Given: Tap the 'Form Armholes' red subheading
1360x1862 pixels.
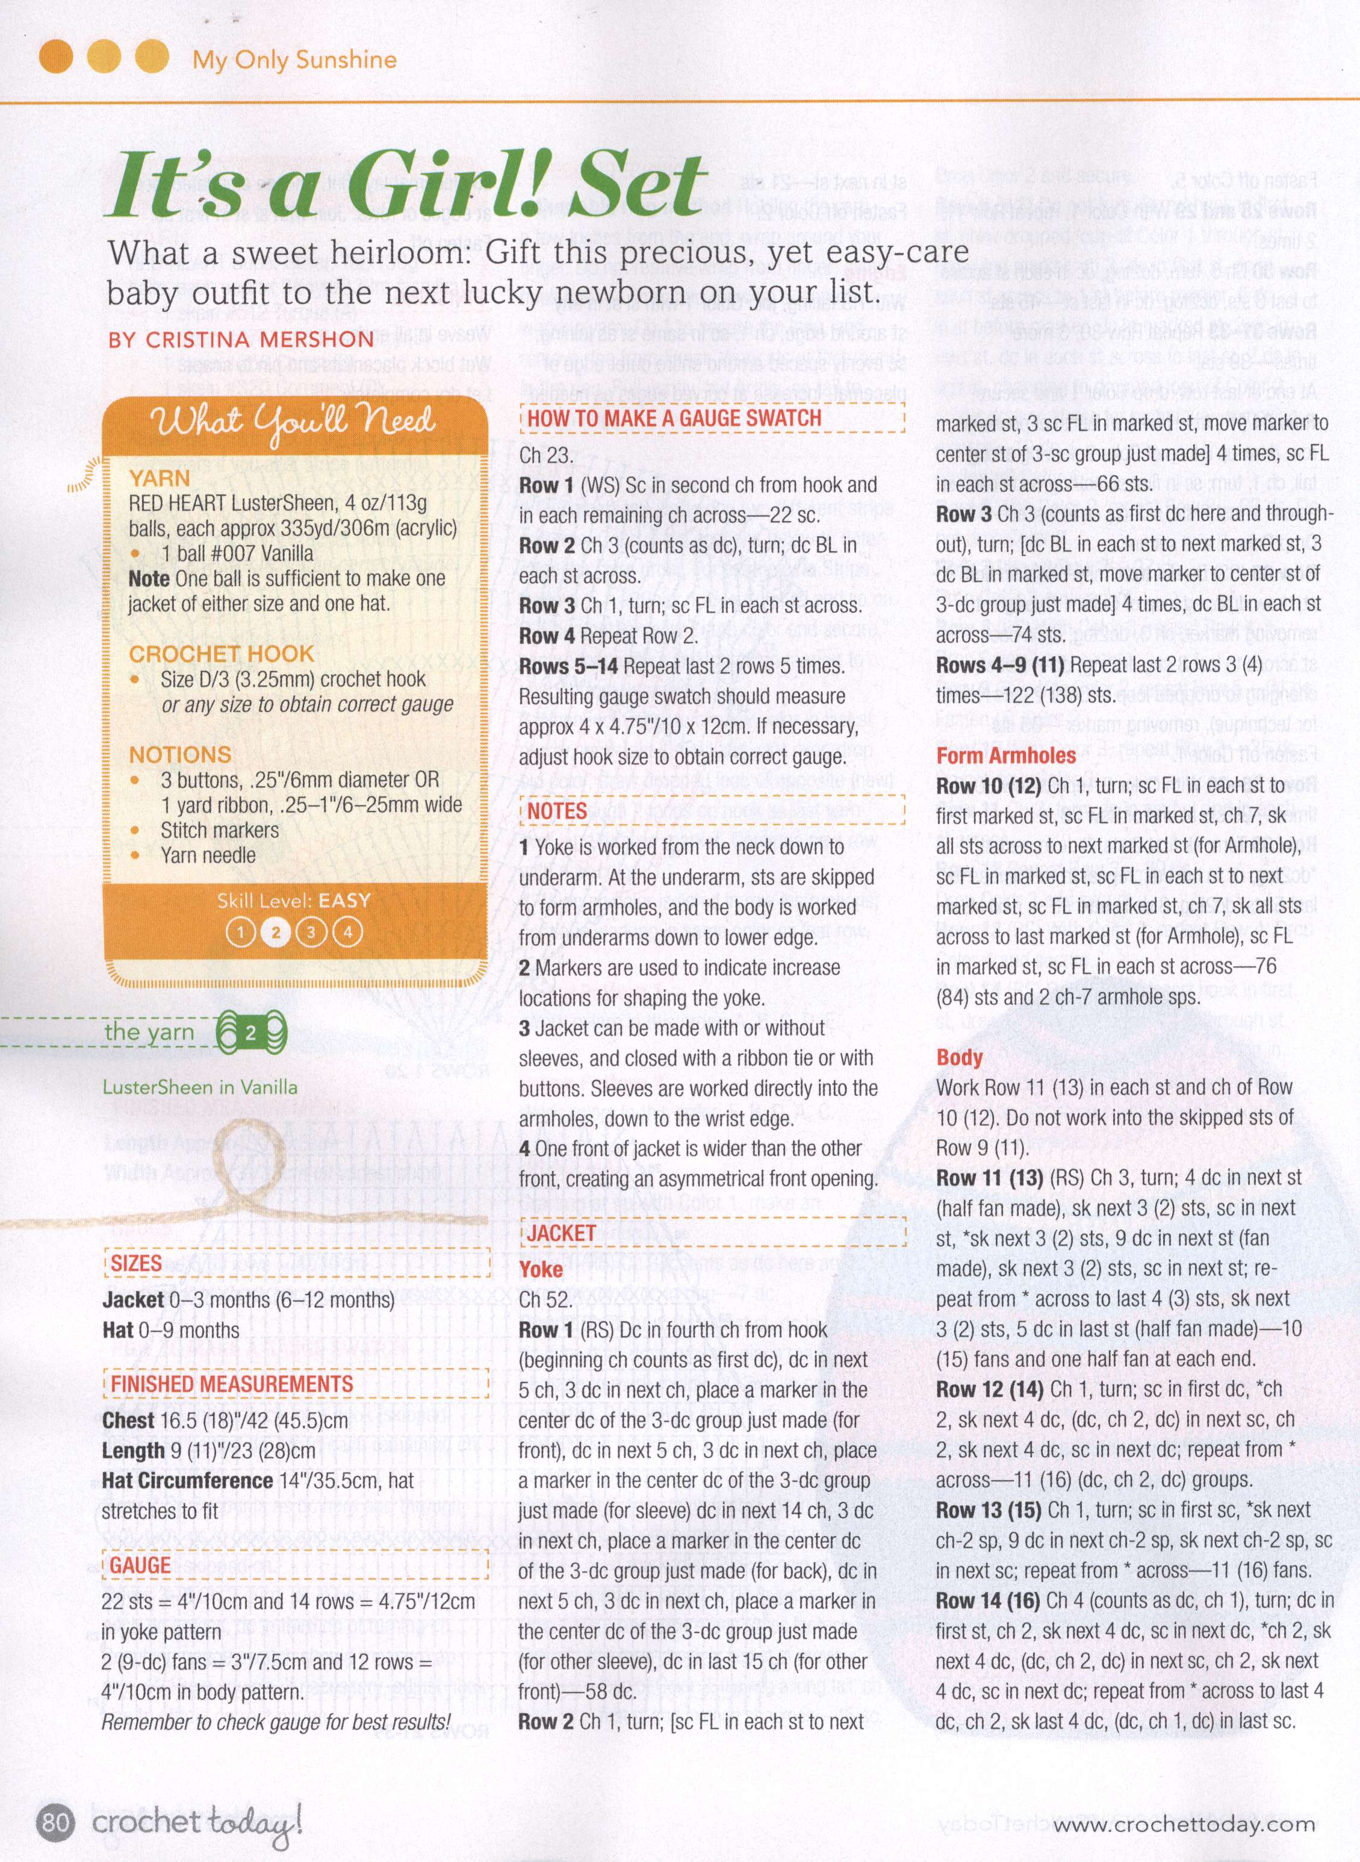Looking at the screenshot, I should pos(1005,755).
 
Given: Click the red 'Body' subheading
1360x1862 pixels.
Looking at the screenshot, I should pos(959,1057).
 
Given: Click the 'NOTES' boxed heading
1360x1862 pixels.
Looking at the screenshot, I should pos(557,811).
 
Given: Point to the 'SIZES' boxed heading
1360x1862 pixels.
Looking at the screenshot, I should pos(136,1263).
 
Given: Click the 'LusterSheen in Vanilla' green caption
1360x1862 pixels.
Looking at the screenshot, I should pos(199,1087).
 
